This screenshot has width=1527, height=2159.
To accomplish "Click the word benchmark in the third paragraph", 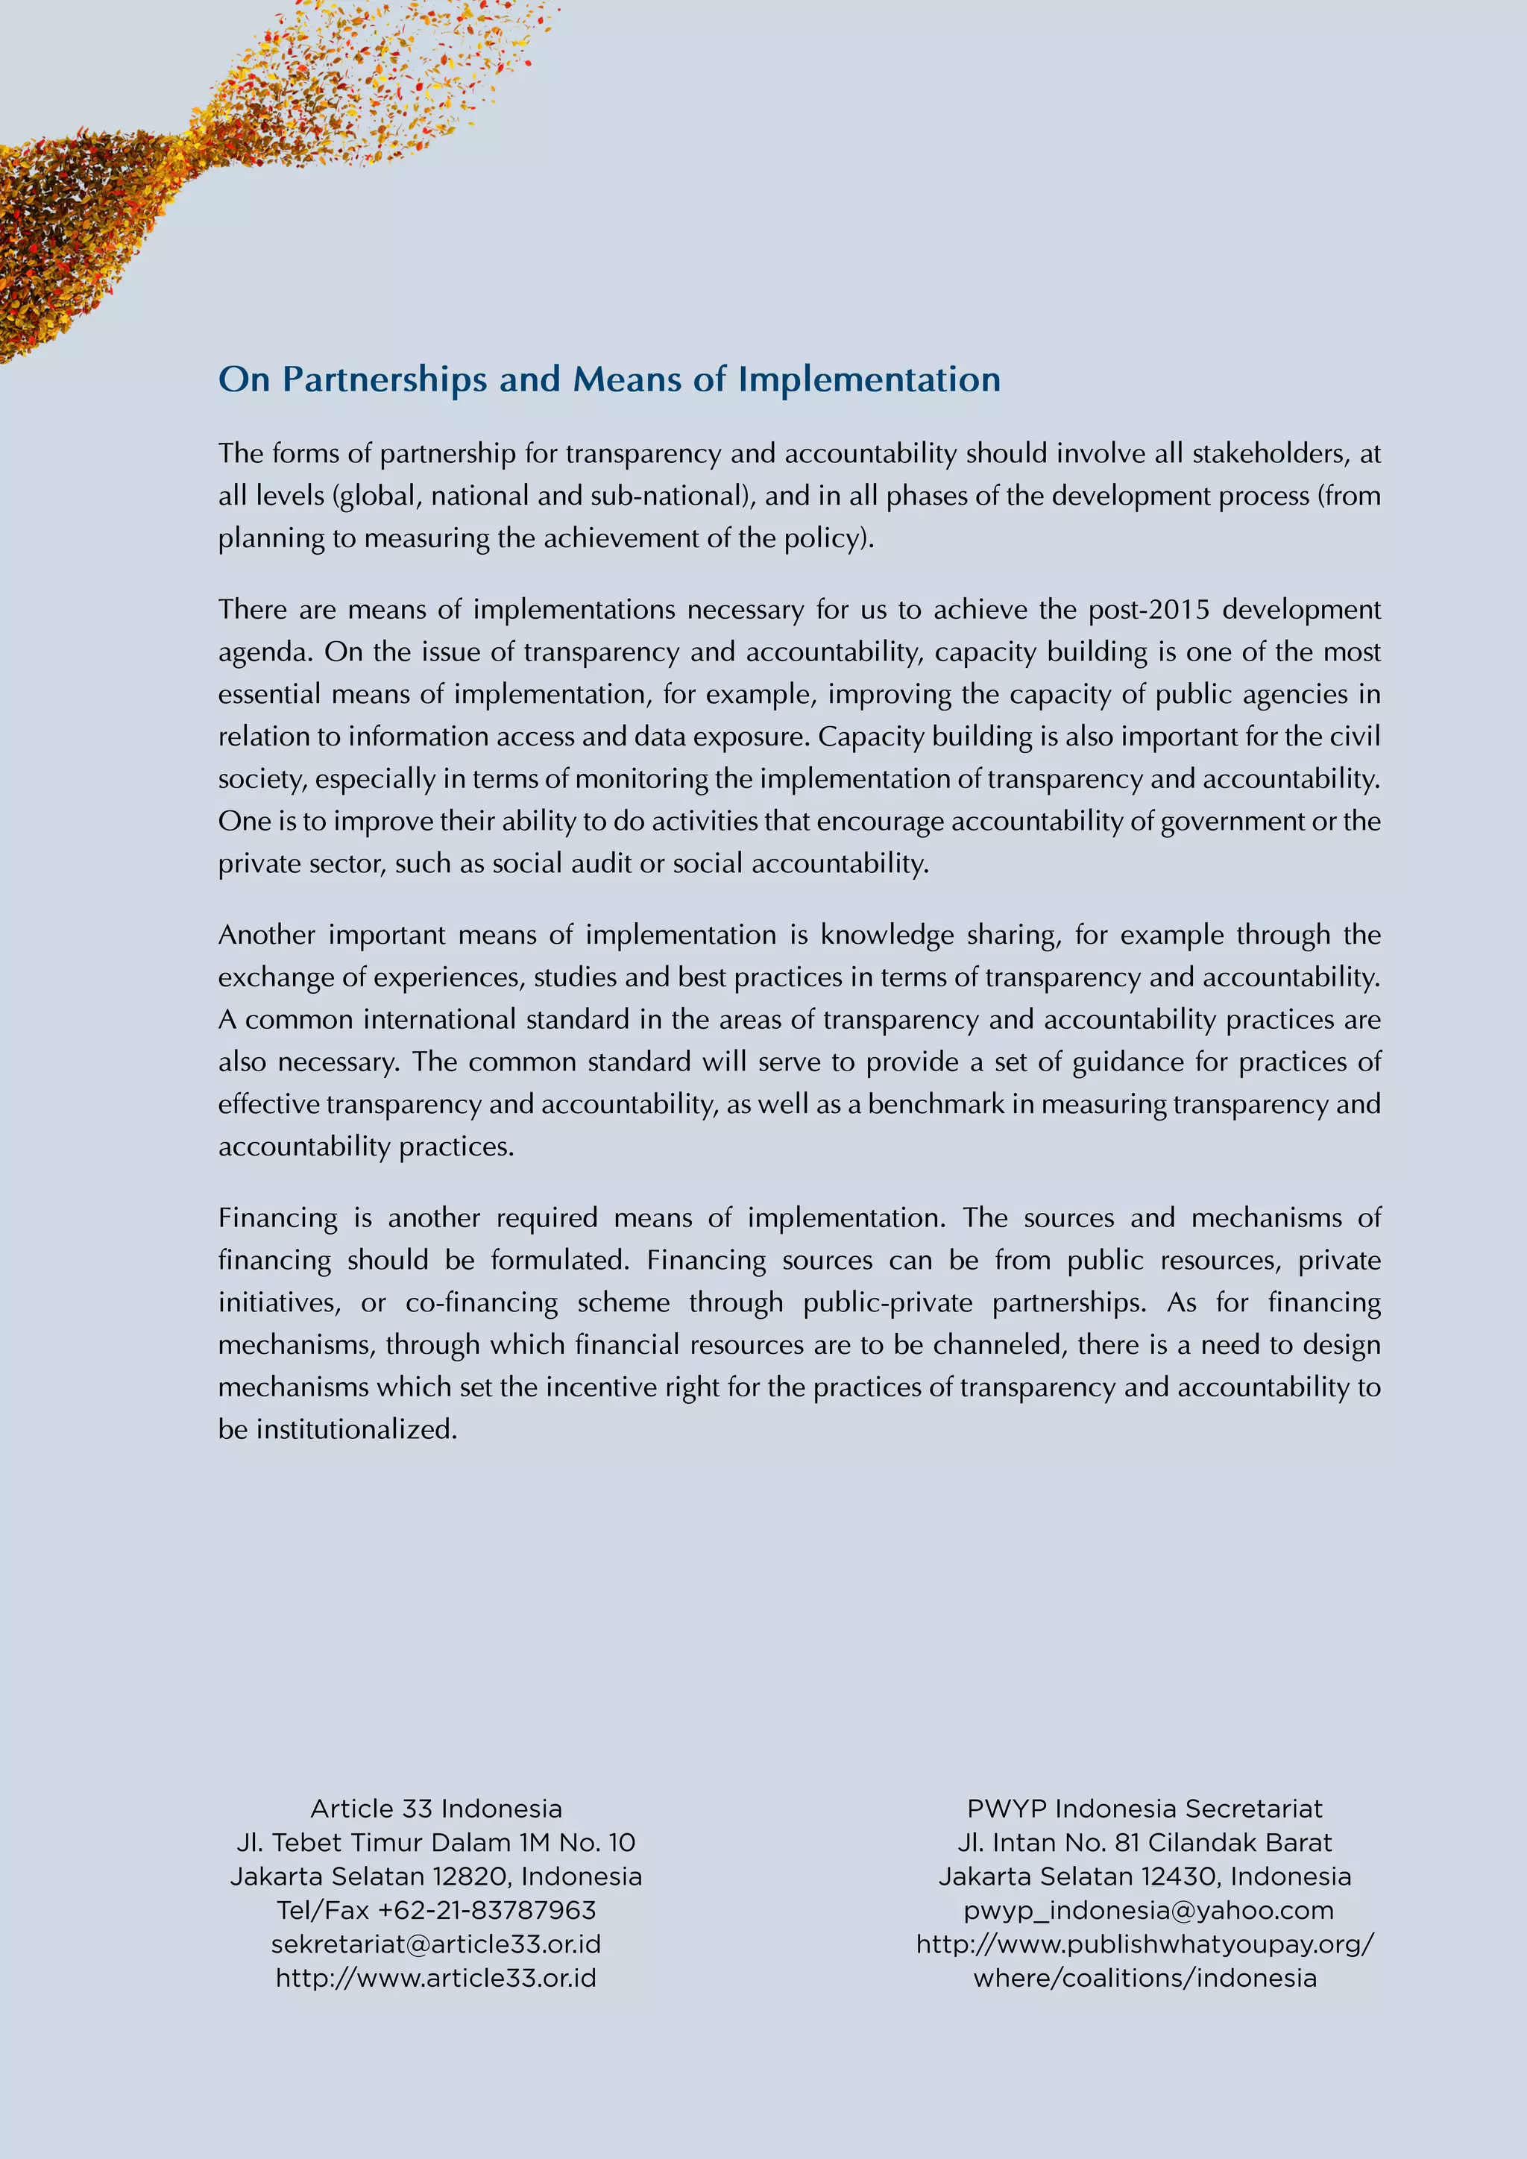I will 936,1105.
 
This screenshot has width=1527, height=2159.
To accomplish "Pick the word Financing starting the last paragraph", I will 277,1219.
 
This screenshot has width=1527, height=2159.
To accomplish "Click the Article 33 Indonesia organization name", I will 436,1809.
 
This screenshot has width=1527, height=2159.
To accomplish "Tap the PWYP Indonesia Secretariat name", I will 1145,1809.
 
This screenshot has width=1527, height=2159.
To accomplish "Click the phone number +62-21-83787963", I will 487,1910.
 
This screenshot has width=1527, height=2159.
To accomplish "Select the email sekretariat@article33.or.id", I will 436,1944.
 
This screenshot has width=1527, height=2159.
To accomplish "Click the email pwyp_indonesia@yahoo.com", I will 1148,1910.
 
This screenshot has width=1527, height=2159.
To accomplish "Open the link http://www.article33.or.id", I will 436,1978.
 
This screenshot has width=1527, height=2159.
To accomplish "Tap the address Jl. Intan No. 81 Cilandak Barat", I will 1145,1842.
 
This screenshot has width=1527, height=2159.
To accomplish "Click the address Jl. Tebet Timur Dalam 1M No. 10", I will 436,1842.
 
